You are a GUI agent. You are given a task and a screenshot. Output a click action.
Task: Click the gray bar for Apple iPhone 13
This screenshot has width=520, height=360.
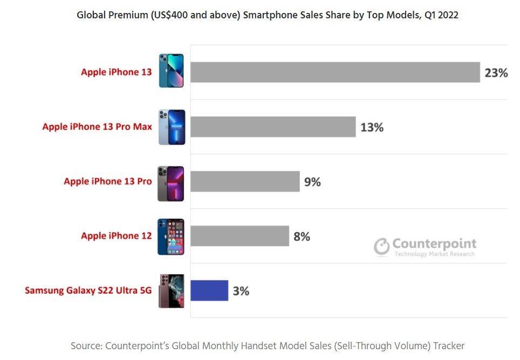[335, 72]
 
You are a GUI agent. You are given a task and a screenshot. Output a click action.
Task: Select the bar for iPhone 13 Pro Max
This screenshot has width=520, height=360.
[273, 127]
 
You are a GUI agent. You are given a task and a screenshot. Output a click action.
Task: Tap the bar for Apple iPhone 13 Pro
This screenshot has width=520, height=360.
[245, 181]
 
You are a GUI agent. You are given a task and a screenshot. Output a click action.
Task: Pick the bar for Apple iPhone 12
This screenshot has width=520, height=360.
[240, 236]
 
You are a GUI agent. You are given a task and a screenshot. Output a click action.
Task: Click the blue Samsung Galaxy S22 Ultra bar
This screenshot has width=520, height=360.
[209, 290]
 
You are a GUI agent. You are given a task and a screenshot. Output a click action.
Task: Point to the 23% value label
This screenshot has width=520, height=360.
[496, 73]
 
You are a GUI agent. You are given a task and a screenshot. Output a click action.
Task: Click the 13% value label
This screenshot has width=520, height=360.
[371, 127]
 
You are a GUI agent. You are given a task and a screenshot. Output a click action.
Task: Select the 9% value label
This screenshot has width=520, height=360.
[312, 182]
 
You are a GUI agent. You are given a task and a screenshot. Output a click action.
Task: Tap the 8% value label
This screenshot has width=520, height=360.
[302, 236]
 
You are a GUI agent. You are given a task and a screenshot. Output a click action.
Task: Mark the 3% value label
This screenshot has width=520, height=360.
[241, 291]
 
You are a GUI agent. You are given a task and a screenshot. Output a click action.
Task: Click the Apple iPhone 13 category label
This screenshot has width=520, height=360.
[117, 72]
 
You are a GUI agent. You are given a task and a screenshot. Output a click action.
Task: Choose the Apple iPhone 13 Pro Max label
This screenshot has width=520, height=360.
[97, 127]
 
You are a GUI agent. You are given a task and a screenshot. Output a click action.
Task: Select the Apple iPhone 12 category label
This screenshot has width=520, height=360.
[117, 236]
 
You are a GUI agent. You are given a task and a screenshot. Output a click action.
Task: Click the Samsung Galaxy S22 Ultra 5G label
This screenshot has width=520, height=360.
[88, 290]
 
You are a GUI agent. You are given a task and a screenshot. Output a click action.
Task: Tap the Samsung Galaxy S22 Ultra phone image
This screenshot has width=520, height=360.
[171, 291]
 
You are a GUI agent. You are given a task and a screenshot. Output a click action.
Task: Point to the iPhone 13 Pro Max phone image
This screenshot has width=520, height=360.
[172, 127]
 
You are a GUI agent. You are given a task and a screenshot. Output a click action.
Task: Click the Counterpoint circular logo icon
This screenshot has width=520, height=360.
[382, 246]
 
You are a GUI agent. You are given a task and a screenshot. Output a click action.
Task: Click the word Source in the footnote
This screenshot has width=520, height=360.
[85, 345]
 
